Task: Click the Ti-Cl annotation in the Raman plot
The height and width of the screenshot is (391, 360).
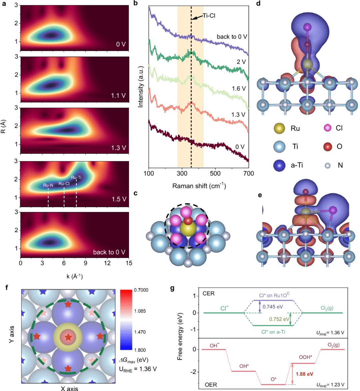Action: point(209,16)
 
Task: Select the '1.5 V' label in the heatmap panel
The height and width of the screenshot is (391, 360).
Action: point(119,199)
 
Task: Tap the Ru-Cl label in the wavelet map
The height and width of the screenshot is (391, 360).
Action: point(64,184)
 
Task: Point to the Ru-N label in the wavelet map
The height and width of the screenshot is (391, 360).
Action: point(48,185)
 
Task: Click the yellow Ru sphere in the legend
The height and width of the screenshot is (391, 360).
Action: point(279,128)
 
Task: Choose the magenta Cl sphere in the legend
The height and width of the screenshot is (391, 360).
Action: point(328,128)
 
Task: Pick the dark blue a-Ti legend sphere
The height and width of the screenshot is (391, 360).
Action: point(279,165)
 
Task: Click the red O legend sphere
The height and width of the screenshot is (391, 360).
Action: point(328,146)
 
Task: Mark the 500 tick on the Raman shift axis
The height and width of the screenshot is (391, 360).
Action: point(215,173)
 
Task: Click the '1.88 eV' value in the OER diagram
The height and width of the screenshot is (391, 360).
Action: point(305,374)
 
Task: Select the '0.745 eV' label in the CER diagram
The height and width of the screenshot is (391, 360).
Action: point(273,307)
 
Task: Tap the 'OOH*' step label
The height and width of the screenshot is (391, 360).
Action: point(305,357)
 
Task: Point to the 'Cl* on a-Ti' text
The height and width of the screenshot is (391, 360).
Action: point(273,332)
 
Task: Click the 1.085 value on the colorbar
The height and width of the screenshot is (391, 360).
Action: point(140,311)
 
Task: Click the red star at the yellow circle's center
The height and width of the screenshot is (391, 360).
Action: point(68,337)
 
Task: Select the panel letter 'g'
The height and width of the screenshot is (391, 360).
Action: point(172,288)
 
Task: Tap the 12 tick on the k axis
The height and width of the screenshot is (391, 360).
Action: point(107,263)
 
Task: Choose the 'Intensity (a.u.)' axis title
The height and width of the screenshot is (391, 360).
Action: point(141,86)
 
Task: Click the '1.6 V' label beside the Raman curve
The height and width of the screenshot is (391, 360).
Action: point(239,88)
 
